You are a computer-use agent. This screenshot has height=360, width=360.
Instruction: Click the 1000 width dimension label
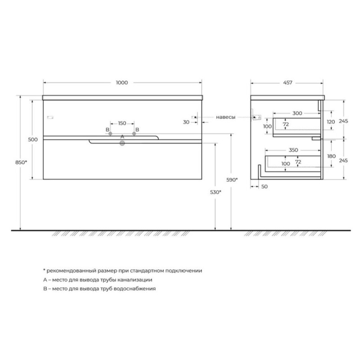(x=122, y=83)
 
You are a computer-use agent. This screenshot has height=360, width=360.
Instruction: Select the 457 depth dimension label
(x=288, y=83)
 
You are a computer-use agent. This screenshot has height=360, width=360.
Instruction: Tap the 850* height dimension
(x=21, y=162)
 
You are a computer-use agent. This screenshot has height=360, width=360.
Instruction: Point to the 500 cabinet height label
(x=33, y=139)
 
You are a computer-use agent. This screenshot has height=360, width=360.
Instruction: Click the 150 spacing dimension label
(x=122, y=123)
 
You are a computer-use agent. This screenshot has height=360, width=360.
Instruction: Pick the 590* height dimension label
(x=232, y=180)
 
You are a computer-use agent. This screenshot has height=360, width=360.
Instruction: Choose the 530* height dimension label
(x=216, y=192)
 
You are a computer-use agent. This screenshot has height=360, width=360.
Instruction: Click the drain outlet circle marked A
(x=122, y=144)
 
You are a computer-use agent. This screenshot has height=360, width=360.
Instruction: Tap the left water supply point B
(x=110, y=133)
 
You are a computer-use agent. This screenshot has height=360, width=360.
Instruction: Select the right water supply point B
(x=134, y=133)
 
